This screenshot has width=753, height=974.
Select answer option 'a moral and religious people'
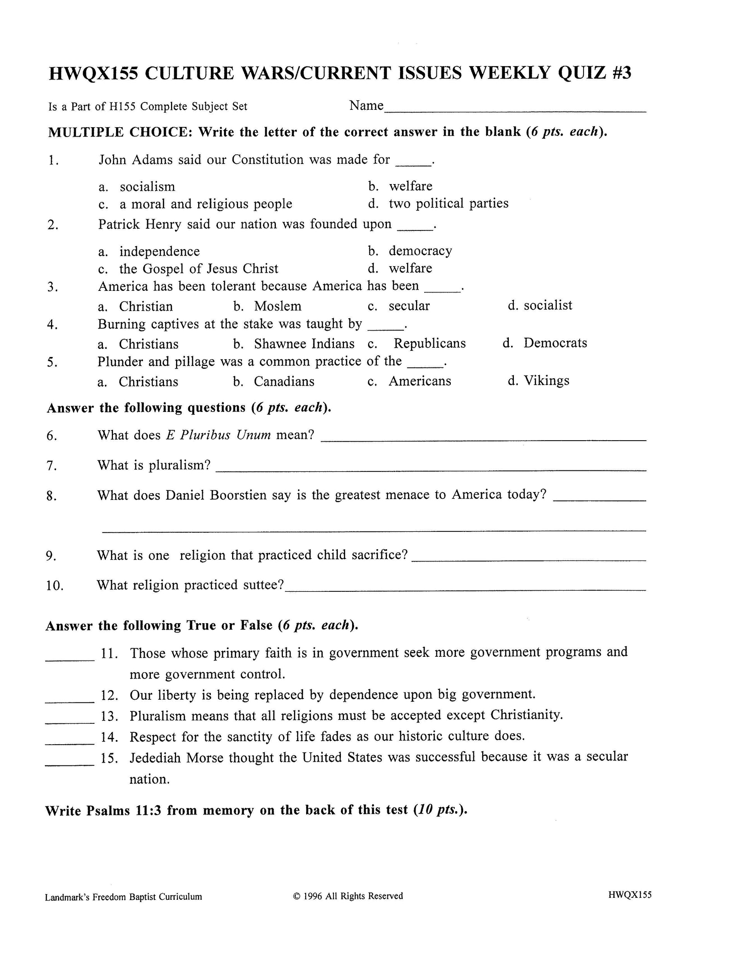click(x=205, y=204)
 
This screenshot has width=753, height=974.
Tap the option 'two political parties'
click(x=448, y=204)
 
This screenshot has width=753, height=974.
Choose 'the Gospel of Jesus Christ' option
click(x=199, y=269)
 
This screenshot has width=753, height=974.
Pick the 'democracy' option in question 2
click(x=420, y=251)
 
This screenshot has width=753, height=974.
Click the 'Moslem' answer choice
click(x=277, y=306)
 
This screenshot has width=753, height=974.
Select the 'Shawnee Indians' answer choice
click(x=304, y=344)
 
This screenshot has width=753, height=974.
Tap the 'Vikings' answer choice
click(x=546, y=381)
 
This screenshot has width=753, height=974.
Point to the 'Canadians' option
click(x=284, y=382)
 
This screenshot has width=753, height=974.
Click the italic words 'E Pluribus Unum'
click(x=218, y=435)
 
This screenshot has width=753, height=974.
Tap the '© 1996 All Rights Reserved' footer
click(x=348, y=896)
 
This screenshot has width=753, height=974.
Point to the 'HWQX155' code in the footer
click(x=629, y=895)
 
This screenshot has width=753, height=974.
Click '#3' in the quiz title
click(x=619, y=73)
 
